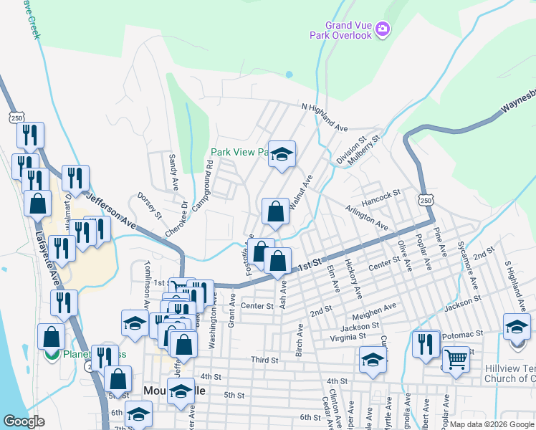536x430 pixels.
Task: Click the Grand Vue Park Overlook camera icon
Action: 383,29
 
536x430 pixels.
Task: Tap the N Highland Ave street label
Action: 325,118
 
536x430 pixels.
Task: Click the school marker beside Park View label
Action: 282,154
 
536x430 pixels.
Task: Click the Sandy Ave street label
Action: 173,171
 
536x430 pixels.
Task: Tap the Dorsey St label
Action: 150,204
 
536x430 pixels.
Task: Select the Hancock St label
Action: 380,194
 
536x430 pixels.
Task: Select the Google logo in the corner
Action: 24,421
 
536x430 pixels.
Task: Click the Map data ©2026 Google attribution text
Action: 491,424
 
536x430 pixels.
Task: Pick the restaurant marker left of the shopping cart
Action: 427,343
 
